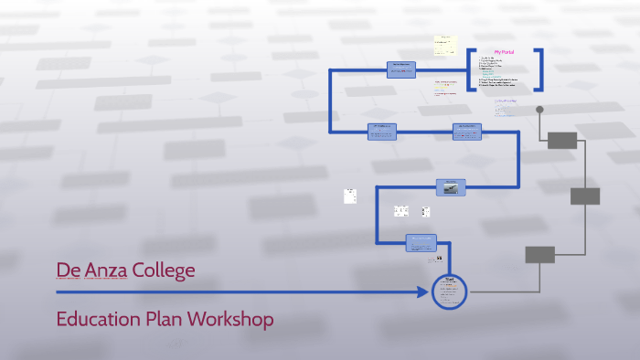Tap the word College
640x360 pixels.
pyautogui.click(x=161, y=270)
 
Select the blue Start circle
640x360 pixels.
pyautogui.click(x=448, y=291)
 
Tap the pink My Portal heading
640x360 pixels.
pyautogui.click(x=504, y=52)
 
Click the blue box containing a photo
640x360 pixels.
pyautogui.click(x=451, y=186)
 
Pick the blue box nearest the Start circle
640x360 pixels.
pyautogui.click(x=421, y=242)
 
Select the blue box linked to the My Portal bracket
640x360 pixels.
pyautogui.click(x=401, y=69)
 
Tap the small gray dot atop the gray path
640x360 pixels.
pyautogui.click(x=539, y=111)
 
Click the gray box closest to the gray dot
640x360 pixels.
pyautogui.click(x=561, y=140)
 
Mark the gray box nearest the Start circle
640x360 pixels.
pyautogui.click(x=539, y=254)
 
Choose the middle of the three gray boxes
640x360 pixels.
pyautogui.click(x=585, y=196)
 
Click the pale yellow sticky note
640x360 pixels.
pyautogui.click(x=445, y=46)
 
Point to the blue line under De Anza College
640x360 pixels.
pyautogui.click(x=229, y=292)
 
